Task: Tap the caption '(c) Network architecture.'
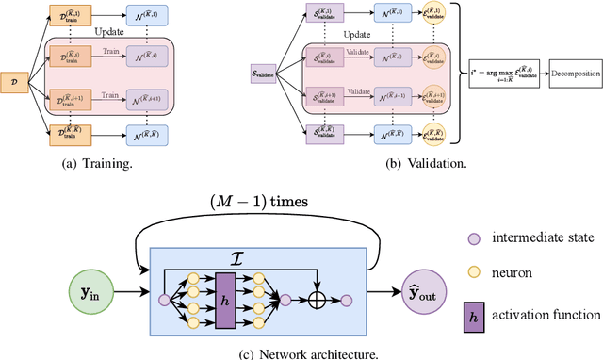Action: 243,352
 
